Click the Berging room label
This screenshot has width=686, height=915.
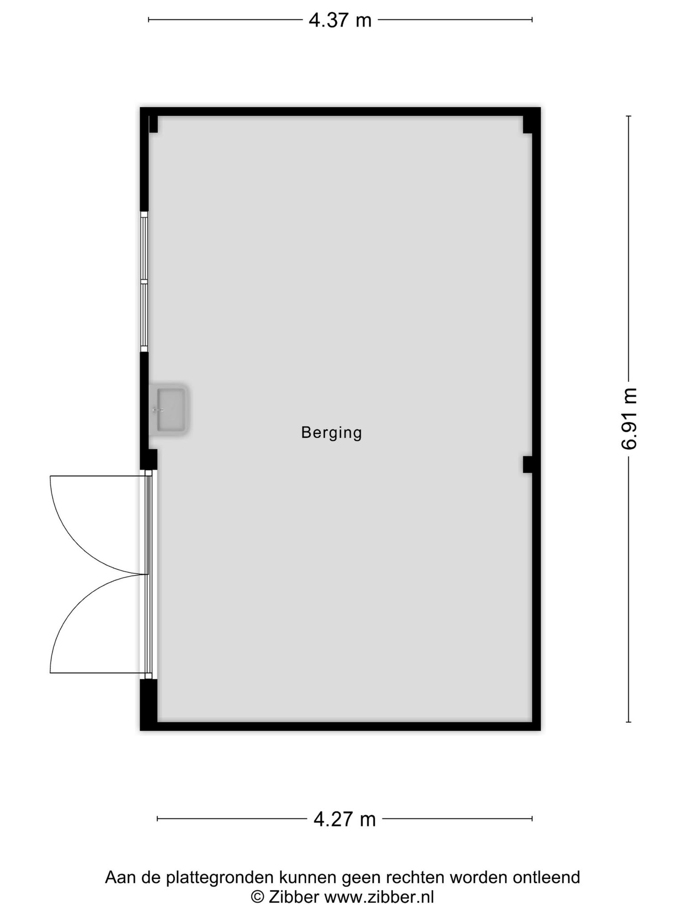tap(331, 433)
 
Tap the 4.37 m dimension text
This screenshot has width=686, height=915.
tap(340, 21)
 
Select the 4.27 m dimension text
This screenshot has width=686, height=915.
tap(344, 819)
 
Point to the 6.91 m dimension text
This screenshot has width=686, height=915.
tap(629, 418)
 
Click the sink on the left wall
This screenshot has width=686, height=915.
tap(169, 410)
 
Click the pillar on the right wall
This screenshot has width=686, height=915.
tap(527, 464)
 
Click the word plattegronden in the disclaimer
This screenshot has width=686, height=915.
tap(220, 878)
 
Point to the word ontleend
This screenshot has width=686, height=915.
tap(546, 877)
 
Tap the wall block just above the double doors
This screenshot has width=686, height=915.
tap(148, 459)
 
